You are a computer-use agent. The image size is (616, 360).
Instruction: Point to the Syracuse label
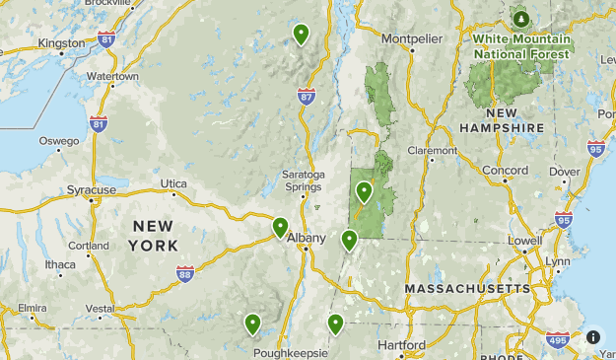pos(92,189)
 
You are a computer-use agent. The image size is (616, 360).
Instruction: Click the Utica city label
pos(173,183)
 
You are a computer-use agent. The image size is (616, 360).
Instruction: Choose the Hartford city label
pos(402,345)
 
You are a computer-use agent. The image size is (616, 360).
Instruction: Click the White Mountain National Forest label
pos(520,46)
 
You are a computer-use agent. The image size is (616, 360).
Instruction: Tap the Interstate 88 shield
pos(185,272)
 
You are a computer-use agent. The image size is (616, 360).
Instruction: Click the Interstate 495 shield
pos(557,341)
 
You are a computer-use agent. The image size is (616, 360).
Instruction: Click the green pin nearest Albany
pos(281,228)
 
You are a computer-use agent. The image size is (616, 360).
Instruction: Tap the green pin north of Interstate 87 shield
pos(301,34)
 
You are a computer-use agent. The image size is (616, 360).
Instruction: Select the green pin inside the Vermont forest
pos(364,191)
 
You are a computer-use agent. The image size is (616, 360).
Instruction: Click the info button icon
pos(593,336)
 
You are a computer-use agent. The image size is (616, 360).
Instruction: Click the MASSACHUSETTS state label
pos(468,288)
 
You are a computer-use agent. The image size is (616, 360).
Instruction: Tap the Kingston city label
pos(61,43)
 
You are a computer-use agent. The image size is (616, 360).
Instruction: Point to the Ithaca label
pos(59,264)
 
